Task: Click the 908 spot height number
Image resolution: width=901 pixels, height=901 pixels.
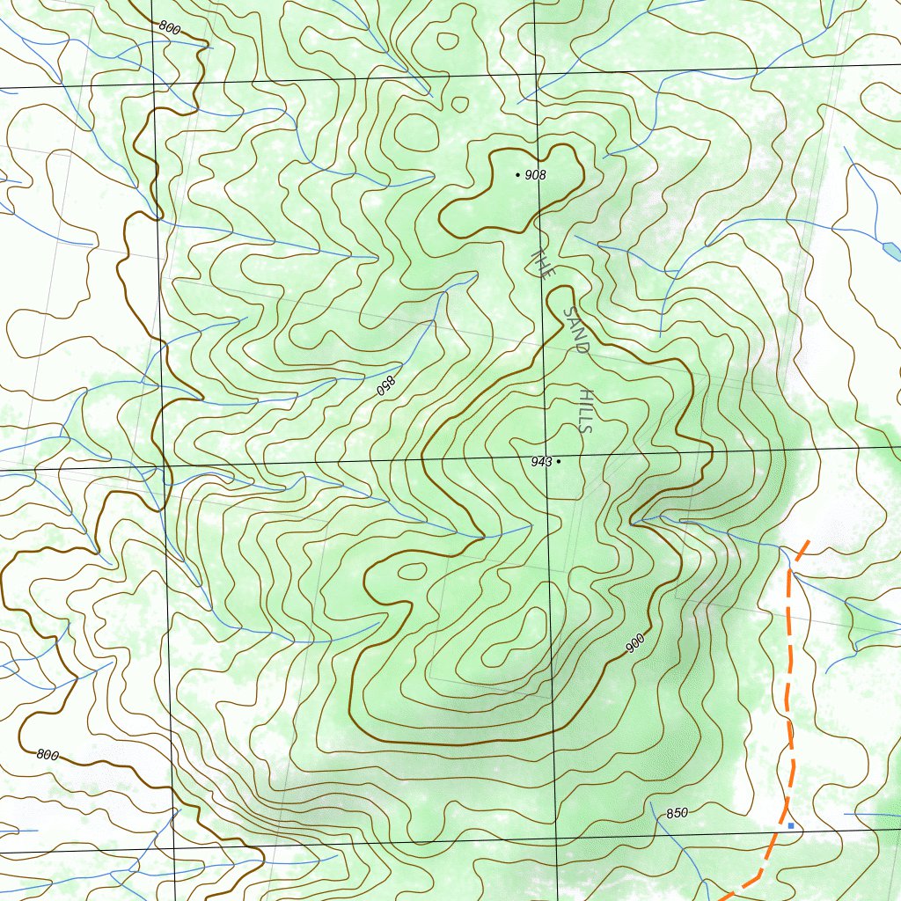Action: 535,175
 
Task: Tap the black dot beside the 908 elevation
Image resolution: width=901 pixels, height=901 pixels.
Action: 518,175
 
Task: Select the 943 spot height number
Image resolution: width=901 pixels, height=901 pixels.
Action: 540,462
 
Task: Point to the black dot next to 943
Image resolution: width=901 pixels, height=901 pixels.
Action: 559,461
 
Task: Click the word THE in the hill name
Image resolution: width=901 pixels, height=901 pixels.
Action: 543,263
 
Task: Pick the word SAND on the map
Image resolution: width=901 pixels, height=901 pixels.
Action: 575,330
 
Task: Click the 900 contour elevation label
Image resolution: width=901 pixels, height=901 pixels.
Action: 635,643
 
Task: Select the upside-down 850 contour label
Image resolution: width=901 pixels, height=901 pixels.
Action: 385,385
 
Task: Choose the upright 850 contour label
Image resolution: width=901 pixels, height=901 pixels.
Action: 677,813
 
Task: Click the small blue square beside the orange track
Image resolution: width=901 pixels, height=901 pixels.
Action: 790,825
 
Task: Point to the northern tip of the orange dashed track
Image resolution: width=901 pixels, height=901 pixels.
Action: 809,541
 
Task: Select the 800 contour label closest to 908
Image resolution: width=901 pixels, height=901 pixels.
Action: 170,28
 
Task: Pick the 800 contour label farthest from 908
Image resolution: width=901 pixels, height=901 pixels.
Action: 48,754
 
